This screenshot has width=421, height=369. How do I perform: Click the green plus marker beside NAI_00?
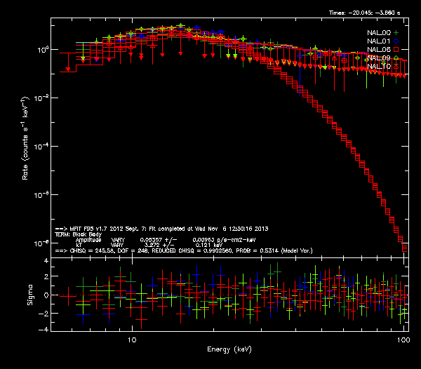pyautogui.click(x=396, y=33)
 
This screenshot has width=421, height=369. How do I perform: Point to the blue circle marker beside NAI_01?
pyautogui.click(x=396, y=41)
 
